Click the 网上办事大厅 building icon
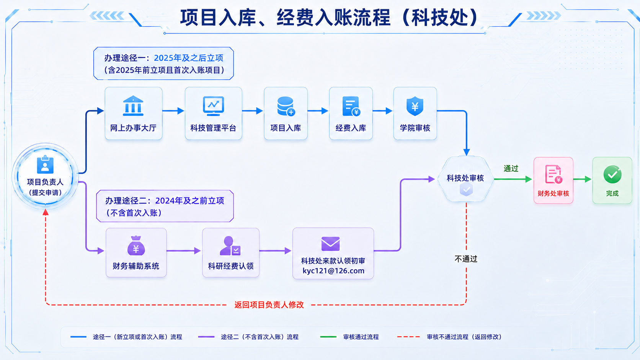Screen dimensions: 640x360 click(133, 106)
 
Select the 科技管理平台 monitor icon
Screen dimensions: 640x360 click(214, 106)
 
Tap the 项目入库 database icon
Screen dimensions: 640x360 click(286, 106)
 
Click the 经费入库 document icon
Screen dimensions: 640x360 click(351, 106)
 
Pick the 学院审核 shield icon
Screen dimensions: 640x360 click(415, 106)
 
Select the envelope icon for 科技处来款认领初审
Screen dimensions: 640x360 click(331, 244)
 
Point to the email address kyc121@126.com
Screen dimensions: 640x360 click(333, 270)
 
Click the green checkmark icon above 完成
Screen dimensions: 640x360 click(612, 174)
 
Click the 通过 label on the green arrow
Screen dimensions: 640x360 click(511, 169)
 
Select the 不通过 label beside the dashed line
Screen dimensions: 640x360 click(466, 259)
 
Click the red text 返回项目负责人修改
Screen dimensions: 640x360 click(269, 305)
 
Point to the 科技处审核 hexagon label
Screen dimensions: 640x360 click(465, 178)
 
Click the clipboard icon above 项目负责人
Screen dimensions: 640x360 click(45, 165)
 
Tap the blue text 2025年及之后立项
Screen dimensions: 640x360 click(189, 58)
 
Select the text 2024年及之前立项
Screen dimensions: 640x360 click(190, 201)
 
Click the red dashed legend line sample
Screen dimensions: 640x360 click(408, 337)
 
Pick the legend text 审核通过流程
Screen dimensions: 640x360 click(361, 337)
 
